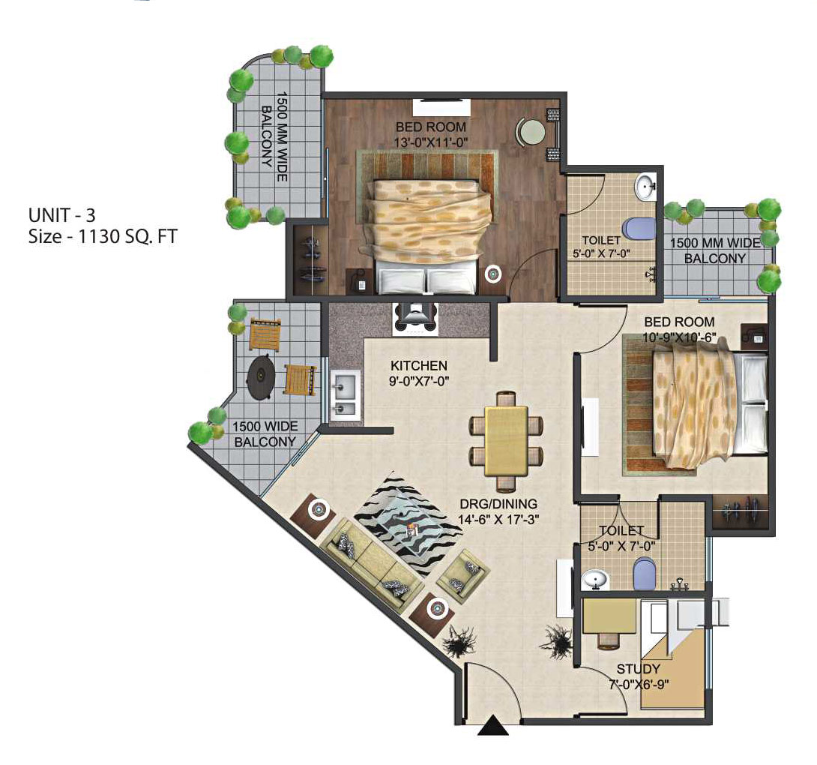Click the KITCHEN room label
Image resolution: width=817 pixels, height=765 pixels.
point(419,365)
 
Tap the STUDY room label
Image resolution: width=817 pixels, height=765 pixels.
point(639,668)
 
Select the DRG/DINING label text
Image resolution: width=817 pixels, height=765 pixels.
point(498,504)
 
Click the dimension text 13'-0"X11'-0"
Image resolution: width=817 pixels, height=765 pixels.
point(431,142)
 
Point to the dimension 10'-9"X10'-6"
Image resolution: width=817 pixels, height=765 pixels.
point(679,337)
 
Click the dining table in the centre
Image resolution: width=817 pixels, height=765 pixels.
point(506,441)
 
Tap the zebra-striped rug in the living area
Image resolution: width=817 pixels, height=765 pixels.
point(408,523)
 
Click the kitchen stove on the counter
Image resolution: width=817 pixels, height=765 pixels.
point(415,317)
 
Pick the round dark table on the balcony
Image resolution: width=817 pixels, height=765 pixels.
point(261,376)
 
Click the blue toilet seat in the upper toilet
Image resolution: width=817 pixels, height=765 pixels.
point(639,230)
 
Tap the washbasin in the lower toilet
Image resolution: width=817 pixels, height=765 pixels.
point(594,579)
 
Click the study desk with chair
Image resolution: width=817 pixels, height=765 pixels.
point(609,622)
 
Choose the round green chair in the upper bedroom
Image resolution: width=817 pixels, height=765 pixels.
point(531,131)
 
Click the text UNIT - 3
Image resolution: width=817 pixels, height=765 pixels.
point(62,214)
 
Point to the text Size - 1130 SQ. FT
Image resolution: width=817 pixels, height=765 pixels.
point(103,236)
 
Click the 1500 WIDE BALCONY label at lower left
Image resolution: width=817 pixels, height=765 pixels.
point(265,433)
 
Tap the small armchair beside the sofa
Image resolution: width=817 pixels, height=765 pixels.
point(462,576)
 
